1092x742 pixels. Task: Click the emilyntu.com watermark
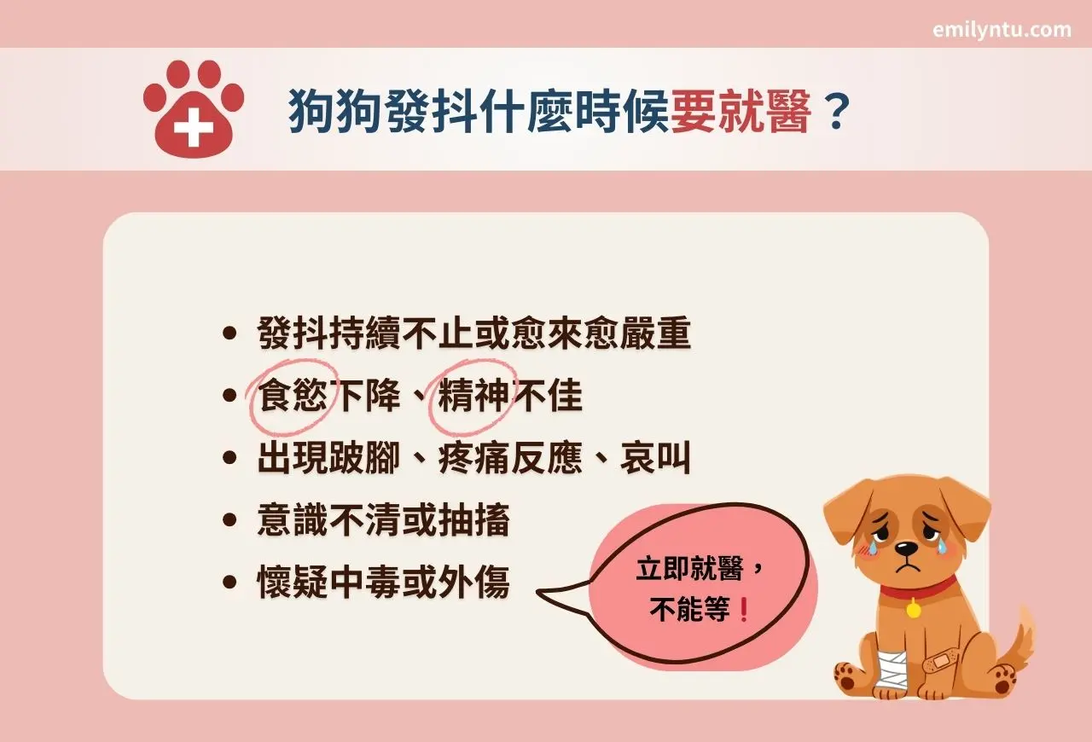[x=1002, y=30]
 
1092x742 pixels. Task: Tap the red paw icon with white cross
[x=194, y=108]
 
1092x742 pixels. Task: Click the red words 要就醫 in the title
[x=741, y=112]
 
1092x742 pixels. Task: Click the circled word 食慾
[x=292, y=397]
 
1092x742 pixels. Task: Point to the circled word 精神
[x=473, y=397]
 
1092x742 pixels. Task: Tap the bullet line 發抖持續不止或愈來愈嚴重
[x=473, y=335]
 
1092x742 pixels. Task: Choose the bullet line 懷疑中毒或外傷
[x=383, y=584]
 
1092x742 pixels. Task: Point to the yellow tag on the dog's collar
[x=914, y=611]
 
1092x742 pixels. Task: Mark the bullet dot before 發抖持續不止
[x=228, y=335]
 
